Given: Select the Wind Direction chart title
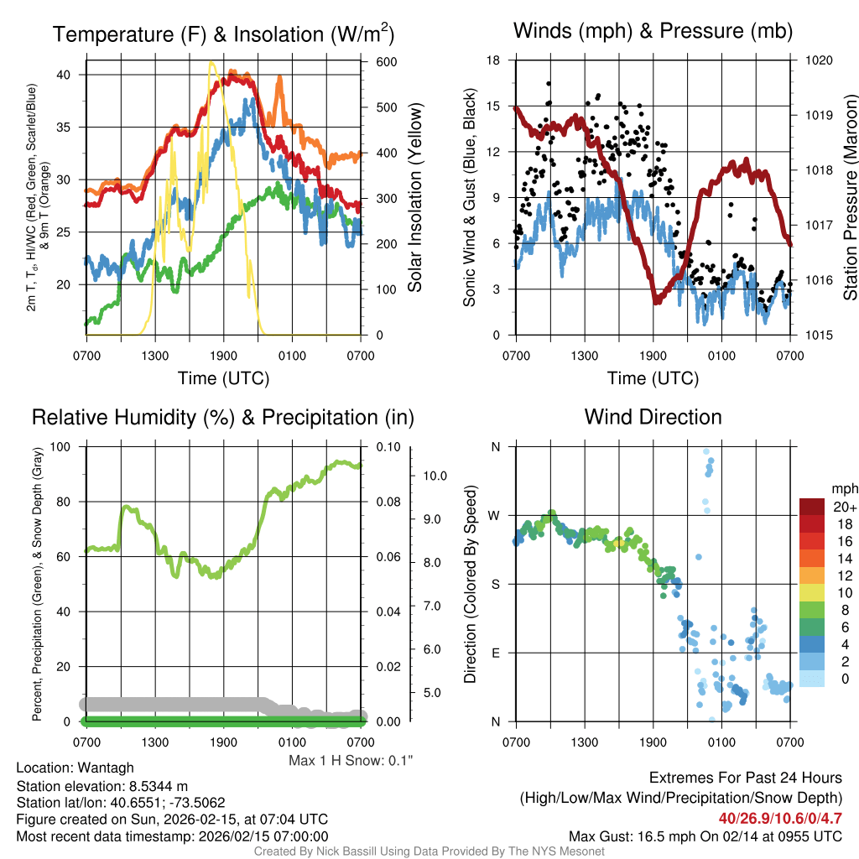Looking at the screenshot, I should [x=653, y=417].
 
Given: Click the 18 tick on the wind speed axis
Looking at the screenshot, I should [x=494, y=60].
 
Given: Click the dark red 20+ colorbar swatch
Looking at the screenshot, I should [x=814, y=507].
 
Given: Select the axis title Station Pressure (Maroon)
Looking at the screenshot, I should [x=848, y=197].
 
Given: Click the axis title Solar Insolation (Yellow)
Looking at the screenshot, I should [x=414, y=197].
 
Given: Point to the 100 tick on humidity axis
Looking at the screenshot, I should [x=61, y=447].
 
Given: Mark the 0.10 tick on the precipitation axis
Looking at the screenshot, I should [x=388, y=447].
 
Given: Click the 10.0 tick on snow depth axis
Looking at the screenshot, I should [x=435, y=475].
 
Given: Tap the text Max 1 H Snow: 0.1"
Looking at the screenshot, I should [x=351, y=760].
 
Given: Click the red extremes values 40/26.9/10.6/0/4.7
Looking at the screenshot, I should [x=779, y=818].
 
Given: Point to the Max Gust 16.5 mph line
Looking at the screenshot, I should [x=705, y=836].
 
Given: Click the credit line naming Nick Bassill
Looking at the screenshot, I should [x=429, y=851].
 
